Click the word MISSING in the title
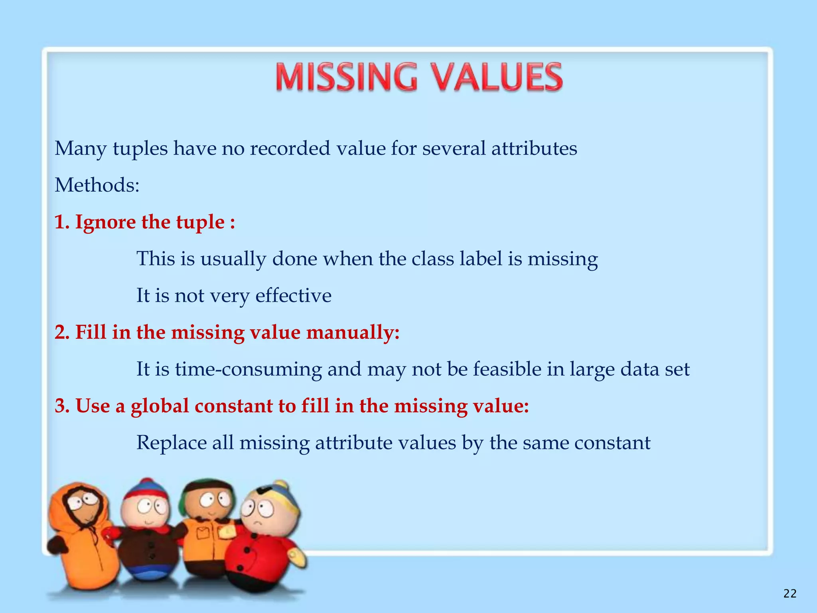click(x=346, y=77)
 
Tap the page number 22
click(x=790, y=594)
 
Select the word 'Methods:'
click(x=97, y=185)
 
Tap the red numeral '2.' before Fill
click(x=63, y=332)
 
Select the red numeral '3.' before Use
click(x=63, y=406)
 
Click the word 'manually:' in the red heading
click(x=353, y=332)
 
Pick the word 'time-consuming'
click(x=249, y=369)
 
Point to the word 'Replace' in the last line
click(x=172, y=443)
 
